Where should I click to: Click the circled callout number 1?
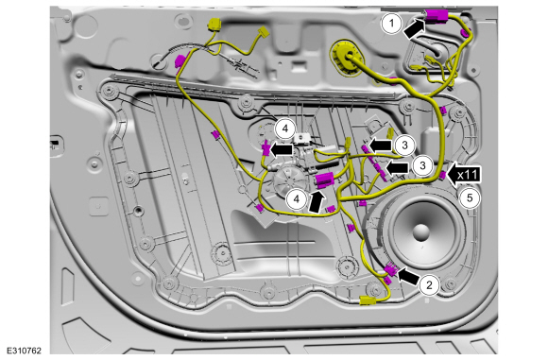(391, 24)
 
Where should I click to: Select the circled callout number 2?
(429, 284)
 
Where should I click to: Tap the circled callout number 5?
(470, 198)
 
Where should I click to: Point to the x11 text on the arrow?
(468, 175)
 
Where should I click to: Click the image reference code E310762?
(24, 351)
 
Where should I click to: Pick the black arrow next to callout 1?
(415, 28)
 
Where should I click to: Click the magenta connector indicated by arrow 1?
(437, 16)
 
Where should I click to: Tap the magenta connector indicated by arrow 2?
(390, 269)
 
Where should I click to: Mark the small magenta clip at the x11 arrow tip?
(442, 175)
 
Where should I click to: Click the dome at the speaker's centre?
(420, 232)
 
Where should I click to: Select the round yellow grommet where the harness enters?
(344, 58)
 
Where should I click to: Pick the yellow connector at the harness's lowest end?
(368, 300)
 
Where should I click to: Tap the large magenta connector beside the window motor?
(325, 180)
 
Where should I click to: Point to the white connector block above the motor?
(301, 138)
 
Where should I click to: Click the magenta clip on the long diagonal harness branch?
(215, 134)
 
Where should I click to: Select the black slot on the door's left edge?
(55, 144)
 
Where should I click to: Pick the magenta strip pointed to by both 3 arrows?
(375, 163)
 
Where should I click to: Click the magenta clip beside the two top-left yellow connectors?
(180, 61)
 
